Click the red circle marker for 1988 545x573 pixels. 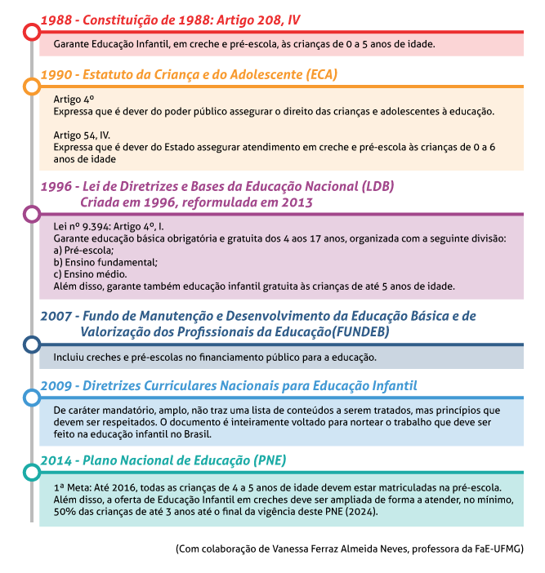pos(31,33)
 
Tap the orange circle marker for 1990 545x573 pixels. pos(31,87)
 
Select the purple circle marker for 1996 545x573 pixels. pos(31,214)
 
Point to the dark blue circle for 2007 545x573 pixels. pos(31,344)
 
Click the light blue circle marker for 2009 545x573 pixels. pos(31,398)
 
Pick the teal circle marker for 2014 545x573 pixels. pos(31,472)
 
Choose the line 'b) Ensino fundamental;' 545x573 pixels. pos(105,262)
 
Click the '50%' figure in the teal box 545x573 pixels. pos(65,511)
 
